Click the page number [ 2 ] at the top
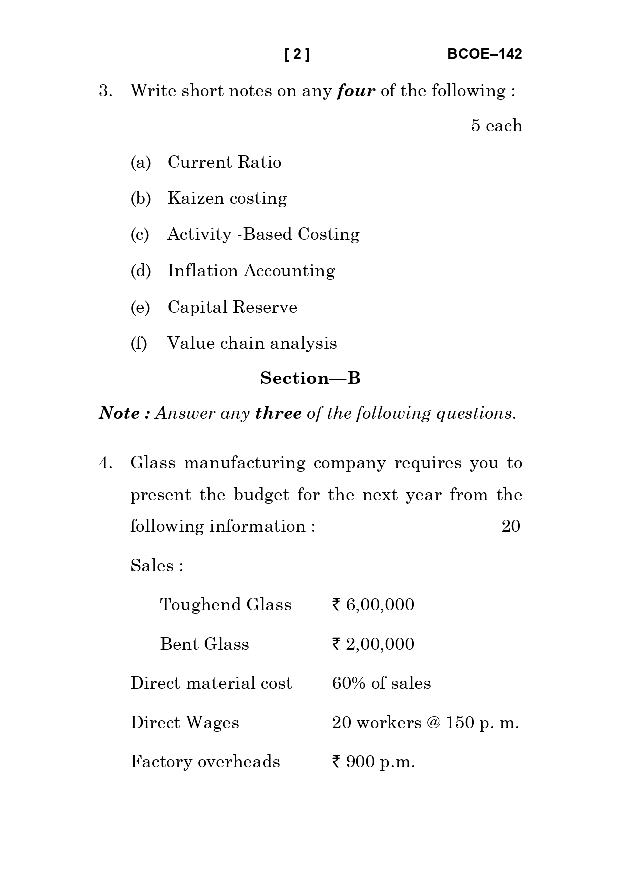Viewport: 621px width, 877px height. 297,54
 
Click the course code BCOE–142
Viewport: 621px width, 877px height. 484,54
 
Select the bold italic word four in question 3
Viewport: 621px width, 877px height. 356,91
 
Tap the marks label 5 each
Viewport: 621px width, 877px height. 496,126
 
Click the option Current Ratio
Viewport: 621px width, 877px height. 224,162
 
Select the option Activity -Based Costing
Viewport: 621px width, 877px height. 263,234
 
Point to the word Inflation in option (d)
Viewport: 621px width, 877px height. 203,271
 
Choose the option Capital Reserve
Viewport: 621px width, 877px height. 232,307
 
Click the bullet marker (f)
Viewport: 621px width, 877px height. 139,343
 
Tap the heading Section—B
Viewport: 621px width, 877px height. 310,378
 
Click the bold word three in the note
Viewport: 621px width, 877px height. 278,413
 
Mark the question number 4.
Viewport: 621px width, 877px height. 105,463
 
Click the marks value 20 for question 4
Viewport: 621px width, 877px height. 510,526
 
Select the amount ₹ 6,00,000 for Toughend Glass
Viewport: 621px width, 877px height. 373,605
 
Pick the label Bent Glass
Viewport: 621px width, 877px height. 204,644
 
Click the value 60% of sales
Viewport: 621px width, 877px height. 381,683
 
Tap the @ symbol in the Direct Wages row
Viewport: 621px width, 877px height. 433,723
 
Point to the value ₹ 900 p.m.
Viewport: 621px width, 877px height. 373,762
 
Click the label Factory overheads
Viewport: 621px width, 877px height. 205,762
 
